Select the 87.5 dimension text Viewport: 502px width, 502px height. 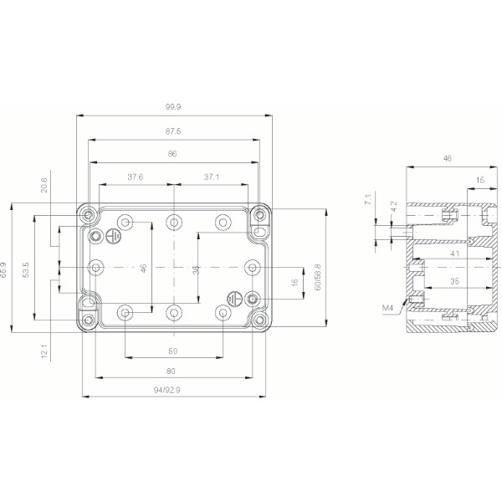click(x=174, y=131)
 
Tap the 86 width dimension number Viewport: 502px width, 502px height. click(x=173, y=155)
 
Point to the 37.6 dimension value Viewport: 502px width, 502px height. click(x=135, y=177)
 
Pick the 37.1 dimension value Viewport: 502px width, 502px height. click(x=213, y=177)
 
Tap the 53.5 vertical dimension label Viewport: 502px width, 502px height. click(x=27, y=269)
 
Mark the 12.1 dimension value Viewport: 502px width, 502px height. click(x=44, y=351)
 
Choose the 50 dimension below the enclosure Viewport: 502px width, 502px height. click(x=173, y=351)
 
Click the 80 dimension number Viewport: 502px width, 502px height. click(x=172, y=371)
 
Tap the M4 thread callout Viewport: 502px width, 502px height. click(x=387, y=309)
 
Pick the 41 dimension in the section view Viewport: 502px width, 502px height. click(x=453, y=253)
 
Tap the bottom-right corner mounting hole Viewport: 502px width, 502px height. click(x=260, y=320)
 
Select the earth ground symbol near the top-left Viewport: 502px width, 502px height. click(x=117, y=237)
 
